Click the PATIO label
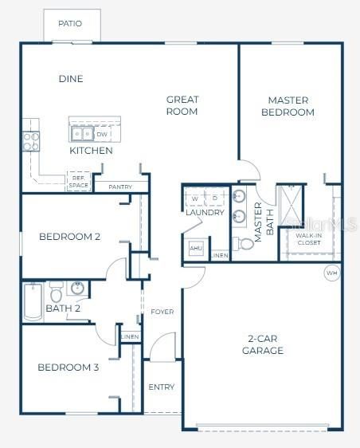point(70,24)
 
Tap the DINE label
point(71,79)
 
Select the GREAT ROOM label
point(182,105)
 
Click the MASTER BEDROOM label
point(288,106)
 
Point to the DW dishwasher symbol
point(102,134)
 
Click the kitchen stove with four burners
point(31,141)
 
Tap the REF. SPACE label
point(78,183)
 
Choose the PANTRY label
point(120,187)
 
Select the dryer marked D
point(215,197)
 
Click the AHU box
point(196,249)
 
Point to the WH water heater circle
point(331,273)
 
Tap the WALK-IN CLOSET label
point(308,239)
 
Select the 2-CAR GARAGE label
point(263,344)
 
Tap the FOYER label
point(162,312)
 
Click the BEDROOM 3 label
point(68,367)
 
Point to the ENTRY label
point(161,387)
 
